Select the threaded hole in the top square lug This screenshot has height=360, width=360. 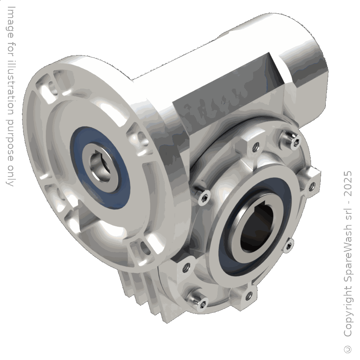coord(255,146)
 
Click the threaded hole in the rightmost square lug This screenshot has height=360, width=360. coord(312,185)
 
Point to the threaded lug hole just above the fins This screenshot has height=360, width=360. coord(186,267)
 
